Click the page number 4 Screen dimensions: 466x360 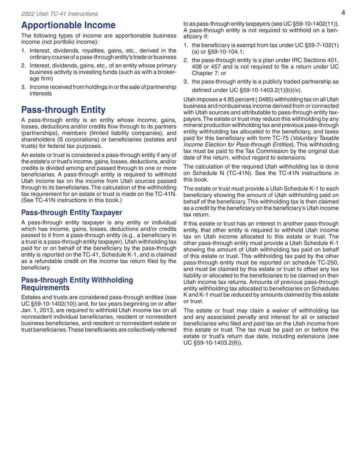tap(343, 13)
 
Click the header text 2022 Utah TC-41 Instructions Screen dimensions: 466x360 tap(59, 14)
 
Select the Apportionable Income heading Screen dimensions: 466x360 tap(68, 25)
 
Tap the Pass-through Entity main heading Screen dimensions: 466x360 tap(63, 110)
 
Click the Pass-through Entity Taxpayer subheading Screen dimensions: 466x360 tap(72, 213)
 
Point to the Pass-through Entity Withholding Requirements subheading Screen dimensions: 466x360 tap(77, 284)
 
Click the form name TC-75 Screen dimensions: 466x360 tap(280, 138)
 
